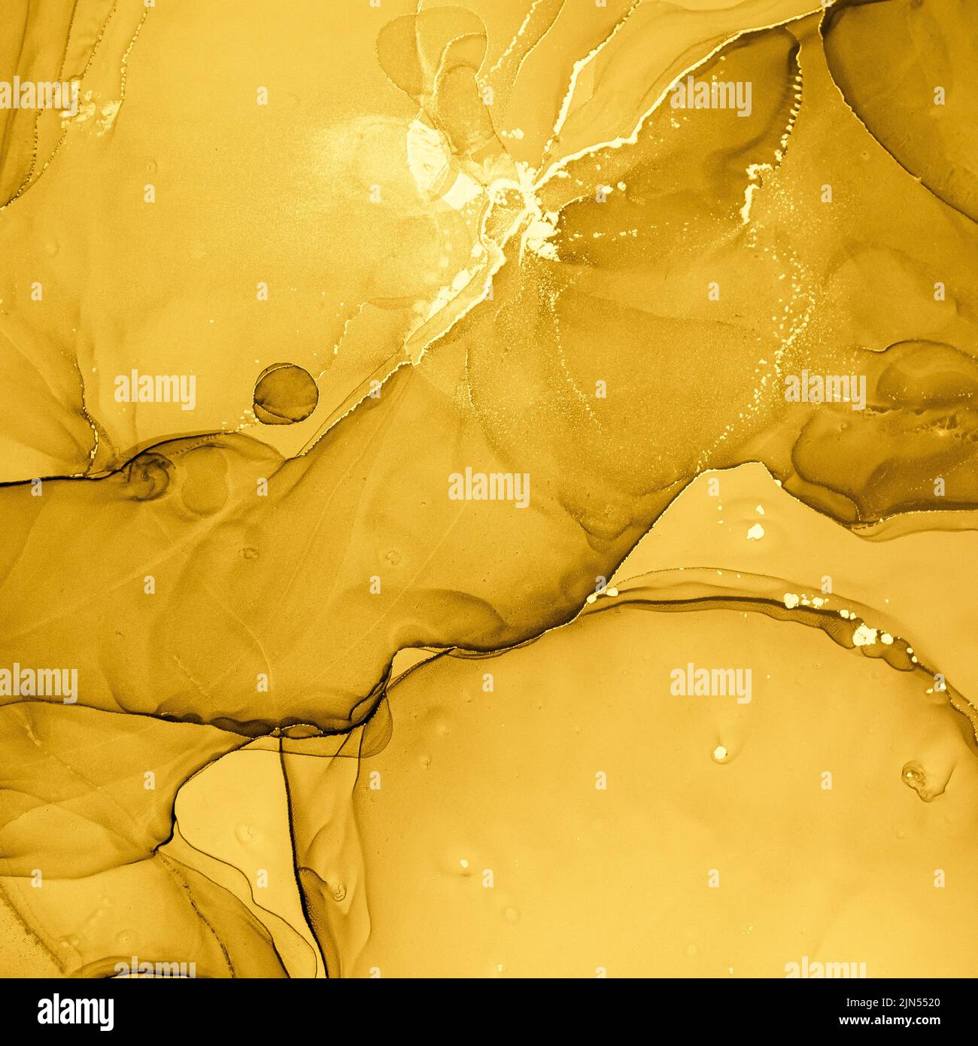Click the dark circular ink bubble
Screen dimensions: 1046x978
284,392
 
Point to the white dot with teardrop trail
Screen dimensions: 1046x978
720,751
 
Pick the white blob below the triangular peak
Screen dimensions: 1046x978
755,532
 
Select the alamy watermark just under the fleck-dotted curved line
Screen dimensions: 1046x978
710,684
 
